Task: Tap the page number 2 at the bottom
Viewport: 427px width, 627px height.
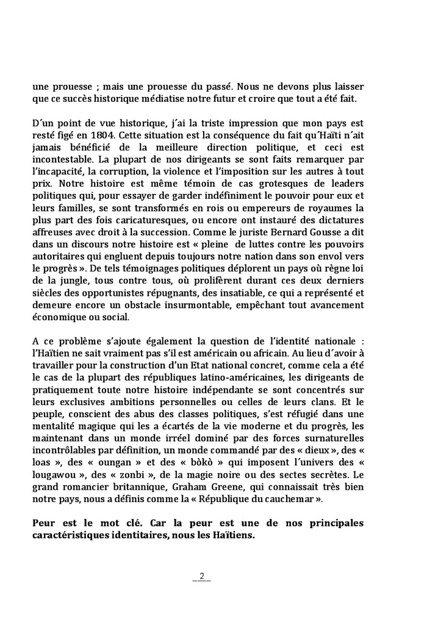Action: pyautogui.click(x=202, y=576)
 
